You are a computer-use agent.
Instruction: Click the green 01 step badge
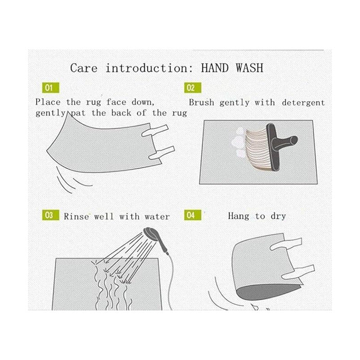[51, 88]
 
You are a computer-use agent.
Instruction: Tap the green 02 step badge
[193, 88]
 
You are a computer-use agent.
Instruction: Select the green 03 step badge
[51, 215]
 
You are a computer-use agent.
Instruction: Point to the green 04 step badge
[193, 215]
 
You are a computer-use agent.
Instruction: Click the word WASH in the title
[250, 68]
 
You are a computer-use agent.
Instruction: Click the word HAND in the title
[215, 68]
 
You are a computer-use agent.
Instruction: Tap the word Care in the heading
[84, 68]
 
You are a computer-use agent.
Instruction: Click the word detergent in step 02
[303, 103]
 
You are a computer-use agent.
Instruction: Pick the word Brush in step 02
[202, 103]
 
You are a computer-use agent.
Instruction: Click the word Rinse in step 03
[76, 216]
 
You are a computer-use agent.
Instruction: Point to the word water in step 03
[157, 216]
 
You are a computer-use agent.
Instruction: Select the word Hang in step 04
[238, 216]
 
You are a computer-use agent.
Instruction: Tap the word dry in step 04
[278, 216]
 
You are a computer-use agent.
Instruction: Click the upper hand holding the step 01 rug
[155, 131]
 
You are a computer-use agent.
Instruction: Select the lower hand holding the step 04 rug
[298, 273]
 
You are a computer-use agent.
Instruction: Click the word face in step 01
[116, 102]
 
